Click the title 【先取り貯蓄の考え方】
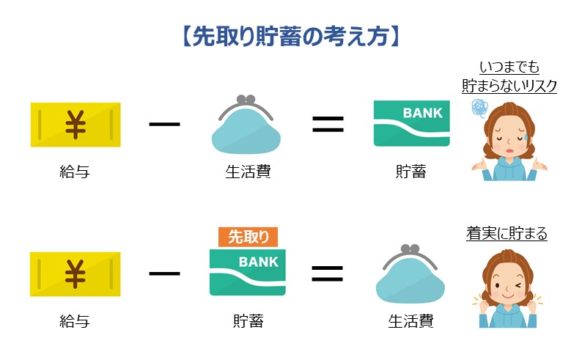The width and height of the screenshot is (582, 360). click(290, 37)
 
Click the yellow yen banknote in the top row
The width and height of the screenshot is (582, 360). click(75, 125)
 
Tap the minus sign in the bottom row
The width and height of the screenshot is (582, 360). click(164, 273)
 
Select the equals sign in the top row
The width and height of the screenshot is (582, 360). click(328, 124)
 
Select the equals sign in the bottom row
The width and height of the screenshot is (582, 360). click(328, 273)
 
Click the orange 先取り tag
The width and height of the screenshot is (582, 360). click(248, 237)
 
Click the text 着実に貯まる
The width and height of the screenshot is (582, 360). click(507, 234)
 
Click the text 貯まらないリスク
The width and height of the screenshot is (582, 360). click(509, 86)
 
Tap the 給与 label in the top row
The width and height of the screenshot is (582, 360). click(74, 172)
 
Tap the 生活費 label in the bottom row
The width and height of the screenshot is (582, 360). click(410, 320)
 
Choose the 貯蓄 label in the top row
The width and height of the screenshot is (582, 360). click(410, 172)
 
